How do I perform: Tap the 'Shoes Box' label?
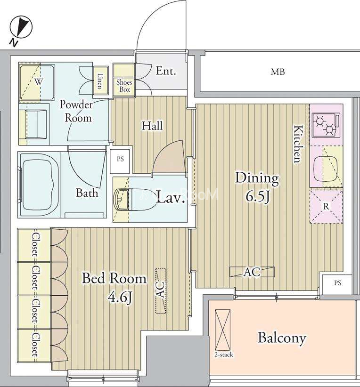coord(124,86)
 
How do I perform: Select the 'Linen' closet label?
coord(100,81)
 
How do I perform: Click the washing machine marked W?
coord(37,82)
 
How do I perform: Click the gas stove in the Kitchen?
coord(326,125)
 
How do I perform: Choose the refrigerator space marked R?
coord(326,207)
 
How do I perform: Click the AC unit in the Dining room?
coord(252,272)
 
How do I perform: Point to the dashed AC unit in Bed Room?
coord(161,291)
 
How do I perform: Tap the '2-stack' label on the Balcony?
coord(224,355)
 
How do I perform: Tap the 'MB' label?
coord(278,72)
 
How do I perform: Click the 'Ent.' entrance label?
coord(166,72)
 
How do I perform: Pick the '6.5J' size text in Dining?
coord(257,197)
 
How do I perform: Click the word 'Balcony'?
coord(282,339)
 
